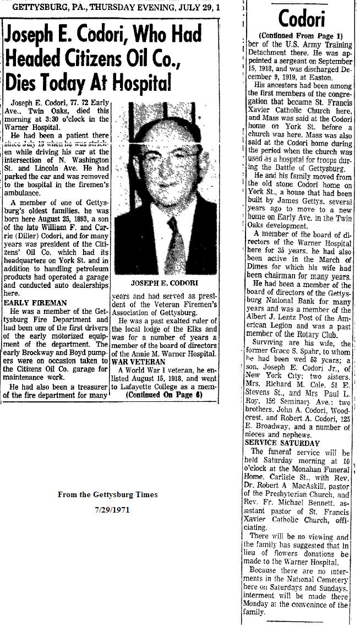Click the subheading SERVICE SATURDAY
(282, 442)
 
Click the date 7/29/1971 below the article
(108, 509)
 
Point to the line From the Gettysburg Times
(108, 494)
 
